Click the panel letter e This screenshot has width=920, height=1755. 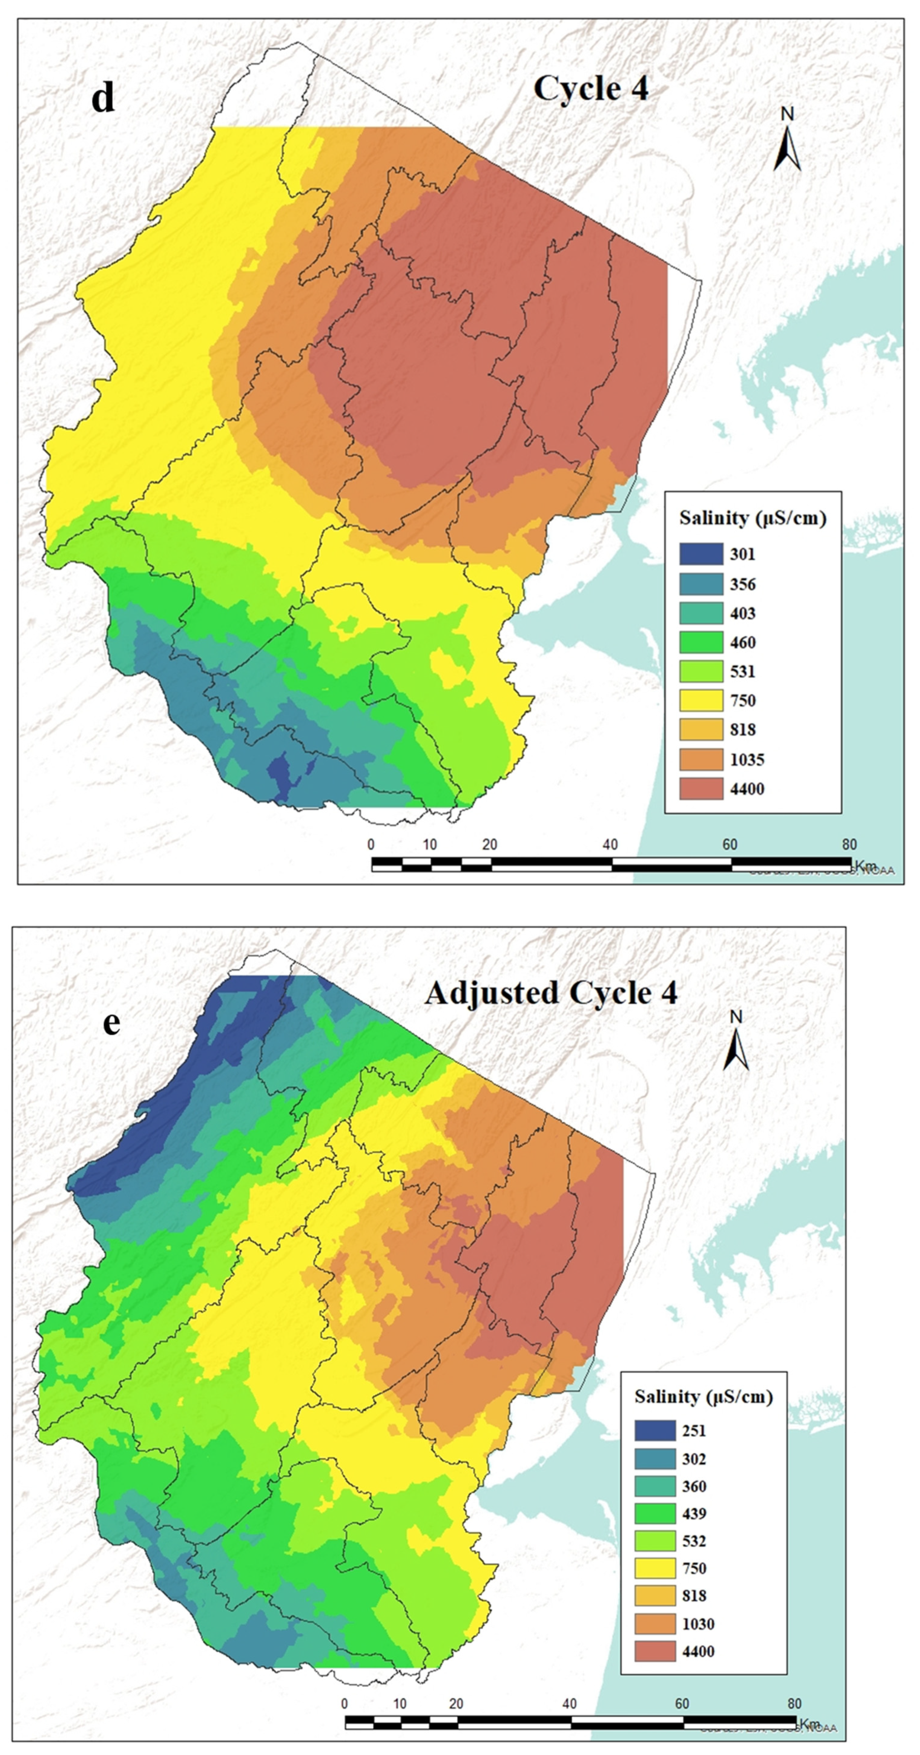[x=111, y=1023]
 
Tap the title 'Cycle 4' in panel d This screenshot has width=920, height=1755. [x=591, y=89]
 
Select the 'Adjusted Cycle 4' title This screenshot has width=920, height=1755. [x=551, y=993]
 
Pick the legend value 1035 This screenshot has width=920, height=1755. [x=747, y=760]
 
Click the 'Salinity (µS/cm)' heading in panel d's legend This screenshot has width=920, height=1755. [x=752, y=519]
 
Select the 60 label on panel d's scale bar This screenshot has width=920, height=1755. [x=730, y=845]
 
